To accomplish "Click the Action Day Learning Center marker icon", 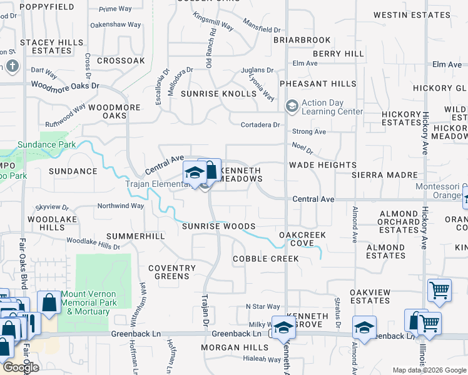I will pyautogui.click(x=291, y=106).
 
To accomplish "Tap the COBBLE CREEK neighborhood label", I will pyautogui.click(x=265, y=259).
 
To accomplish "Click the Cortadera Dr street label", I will pyautogui.click(x=260, y=124).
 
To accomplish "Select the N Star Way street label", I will pyautogui.click(x=263, y=306).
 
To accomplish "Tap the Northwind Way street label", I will pyautogui.click(x=121, y=206).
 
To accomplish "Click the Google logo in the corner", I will pyautogui.click(x=21, y=367).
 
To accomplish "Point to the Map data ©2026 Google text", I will pyautogui.click(x=429, y=370).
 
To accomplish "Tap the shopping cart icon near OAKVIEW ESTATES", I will pyautogui.click(x=439, y=290).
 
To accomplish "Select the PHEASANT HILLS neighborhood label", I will pyautogui.click(x=318, y=84).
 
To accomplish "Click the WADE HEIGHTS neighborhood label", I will pyautogui.click(x=322, y=165).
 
